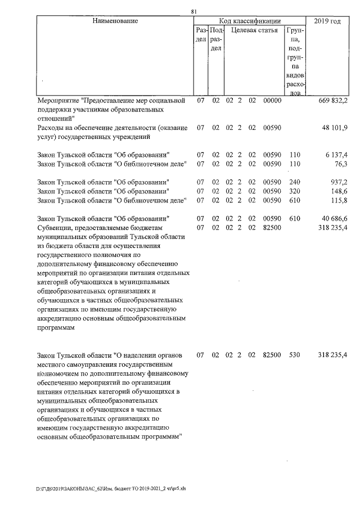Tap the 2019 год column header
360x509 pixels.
(x=328, y=21)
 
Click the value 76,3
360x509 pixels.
(x=341, y=164)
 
